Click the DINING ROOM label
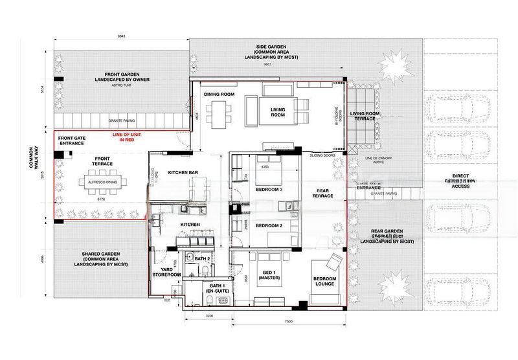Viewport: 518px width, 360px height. click(x=219, y=95)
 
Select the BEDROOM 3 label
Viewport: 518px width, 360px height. click(x=269, y=189)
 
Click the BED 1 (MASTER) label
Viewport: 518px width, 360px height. click(x=267, y=275)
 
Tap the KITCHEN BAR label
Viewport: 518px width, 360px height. click(x=182, y=173)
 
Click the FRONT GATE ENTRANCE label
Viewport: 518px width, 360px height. click(x=71, y=141)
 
